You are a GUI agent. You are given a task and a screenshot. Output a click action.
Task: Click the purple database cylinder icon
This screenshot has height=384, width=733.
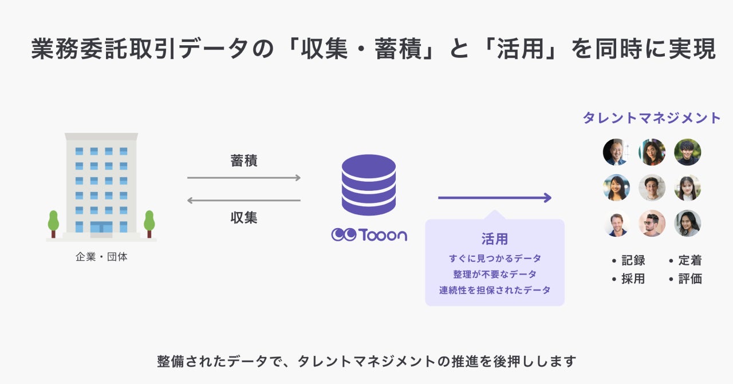pyautogui.click(x=368, y=185)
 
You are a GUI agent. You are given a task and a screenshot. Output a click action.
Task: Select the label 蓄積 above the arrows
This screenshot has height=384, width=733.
pyautogui.click(x=244, y=161)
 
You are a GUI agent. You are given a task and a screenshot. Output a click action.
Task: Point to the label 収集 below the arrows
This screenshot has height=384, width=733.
pyautogui.click(x=244, y=218)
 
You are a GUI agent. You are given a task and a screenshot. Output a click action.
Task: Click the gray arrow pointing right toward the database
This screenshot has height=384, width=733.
pyautogui.click(x=244, y=178)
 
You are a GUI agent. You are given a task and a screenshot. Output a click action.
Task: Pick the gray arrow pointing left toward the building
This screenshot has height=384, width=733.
pyautogui.click(x=244, y=201)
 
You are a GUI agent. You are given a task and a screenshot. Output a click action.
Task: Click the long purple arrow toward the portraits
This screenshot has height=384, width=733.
pyautogui.click(x=494, y=198)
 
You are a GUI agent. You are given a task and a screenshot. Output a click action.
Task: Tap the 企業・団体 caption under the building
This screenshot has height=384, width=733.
pyautogui.click(x=101, y=257)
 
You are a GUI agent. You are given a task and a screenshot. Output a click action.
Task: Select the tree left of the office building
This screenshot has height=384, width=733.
pyautogui.click(x=53, y=223)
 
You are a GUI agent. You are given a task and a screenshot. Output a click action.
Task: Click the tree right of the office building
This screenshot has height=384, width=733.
pyautogui.click(x=149, y=223)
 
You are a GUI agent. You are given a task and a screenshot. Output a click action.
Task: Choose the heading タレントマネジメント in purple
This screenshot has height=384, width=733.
pyautogui.click(x=652, y=118)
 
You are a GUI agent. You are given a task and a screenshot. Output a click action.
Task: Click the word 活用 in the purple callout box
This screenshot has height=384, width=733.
pyautogui.click(x=494, y=239)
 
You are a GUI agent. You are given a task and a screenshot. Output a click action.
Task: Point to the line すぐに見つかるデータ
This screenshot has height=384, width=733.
pyautogui.click(x=494, y=258)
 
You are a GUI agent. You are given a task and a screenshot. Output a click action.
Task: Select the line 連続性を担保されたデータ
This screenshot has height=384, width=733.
pyautogui.click(x=494, y=290)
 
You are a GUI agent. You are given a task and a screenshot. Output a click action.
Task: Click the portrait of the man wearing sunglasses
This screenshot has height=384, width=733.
pyautogui.click(x=652, y=224)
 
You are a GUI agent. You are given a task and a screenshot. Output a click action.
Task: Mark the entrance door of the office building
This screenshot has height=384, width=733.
pyautogui.click(x=101, y=228)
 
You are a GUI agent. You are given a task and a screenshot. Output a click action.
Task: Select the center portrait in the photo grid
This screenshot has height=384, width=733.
pyautogui.click(x=652, y=188)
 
